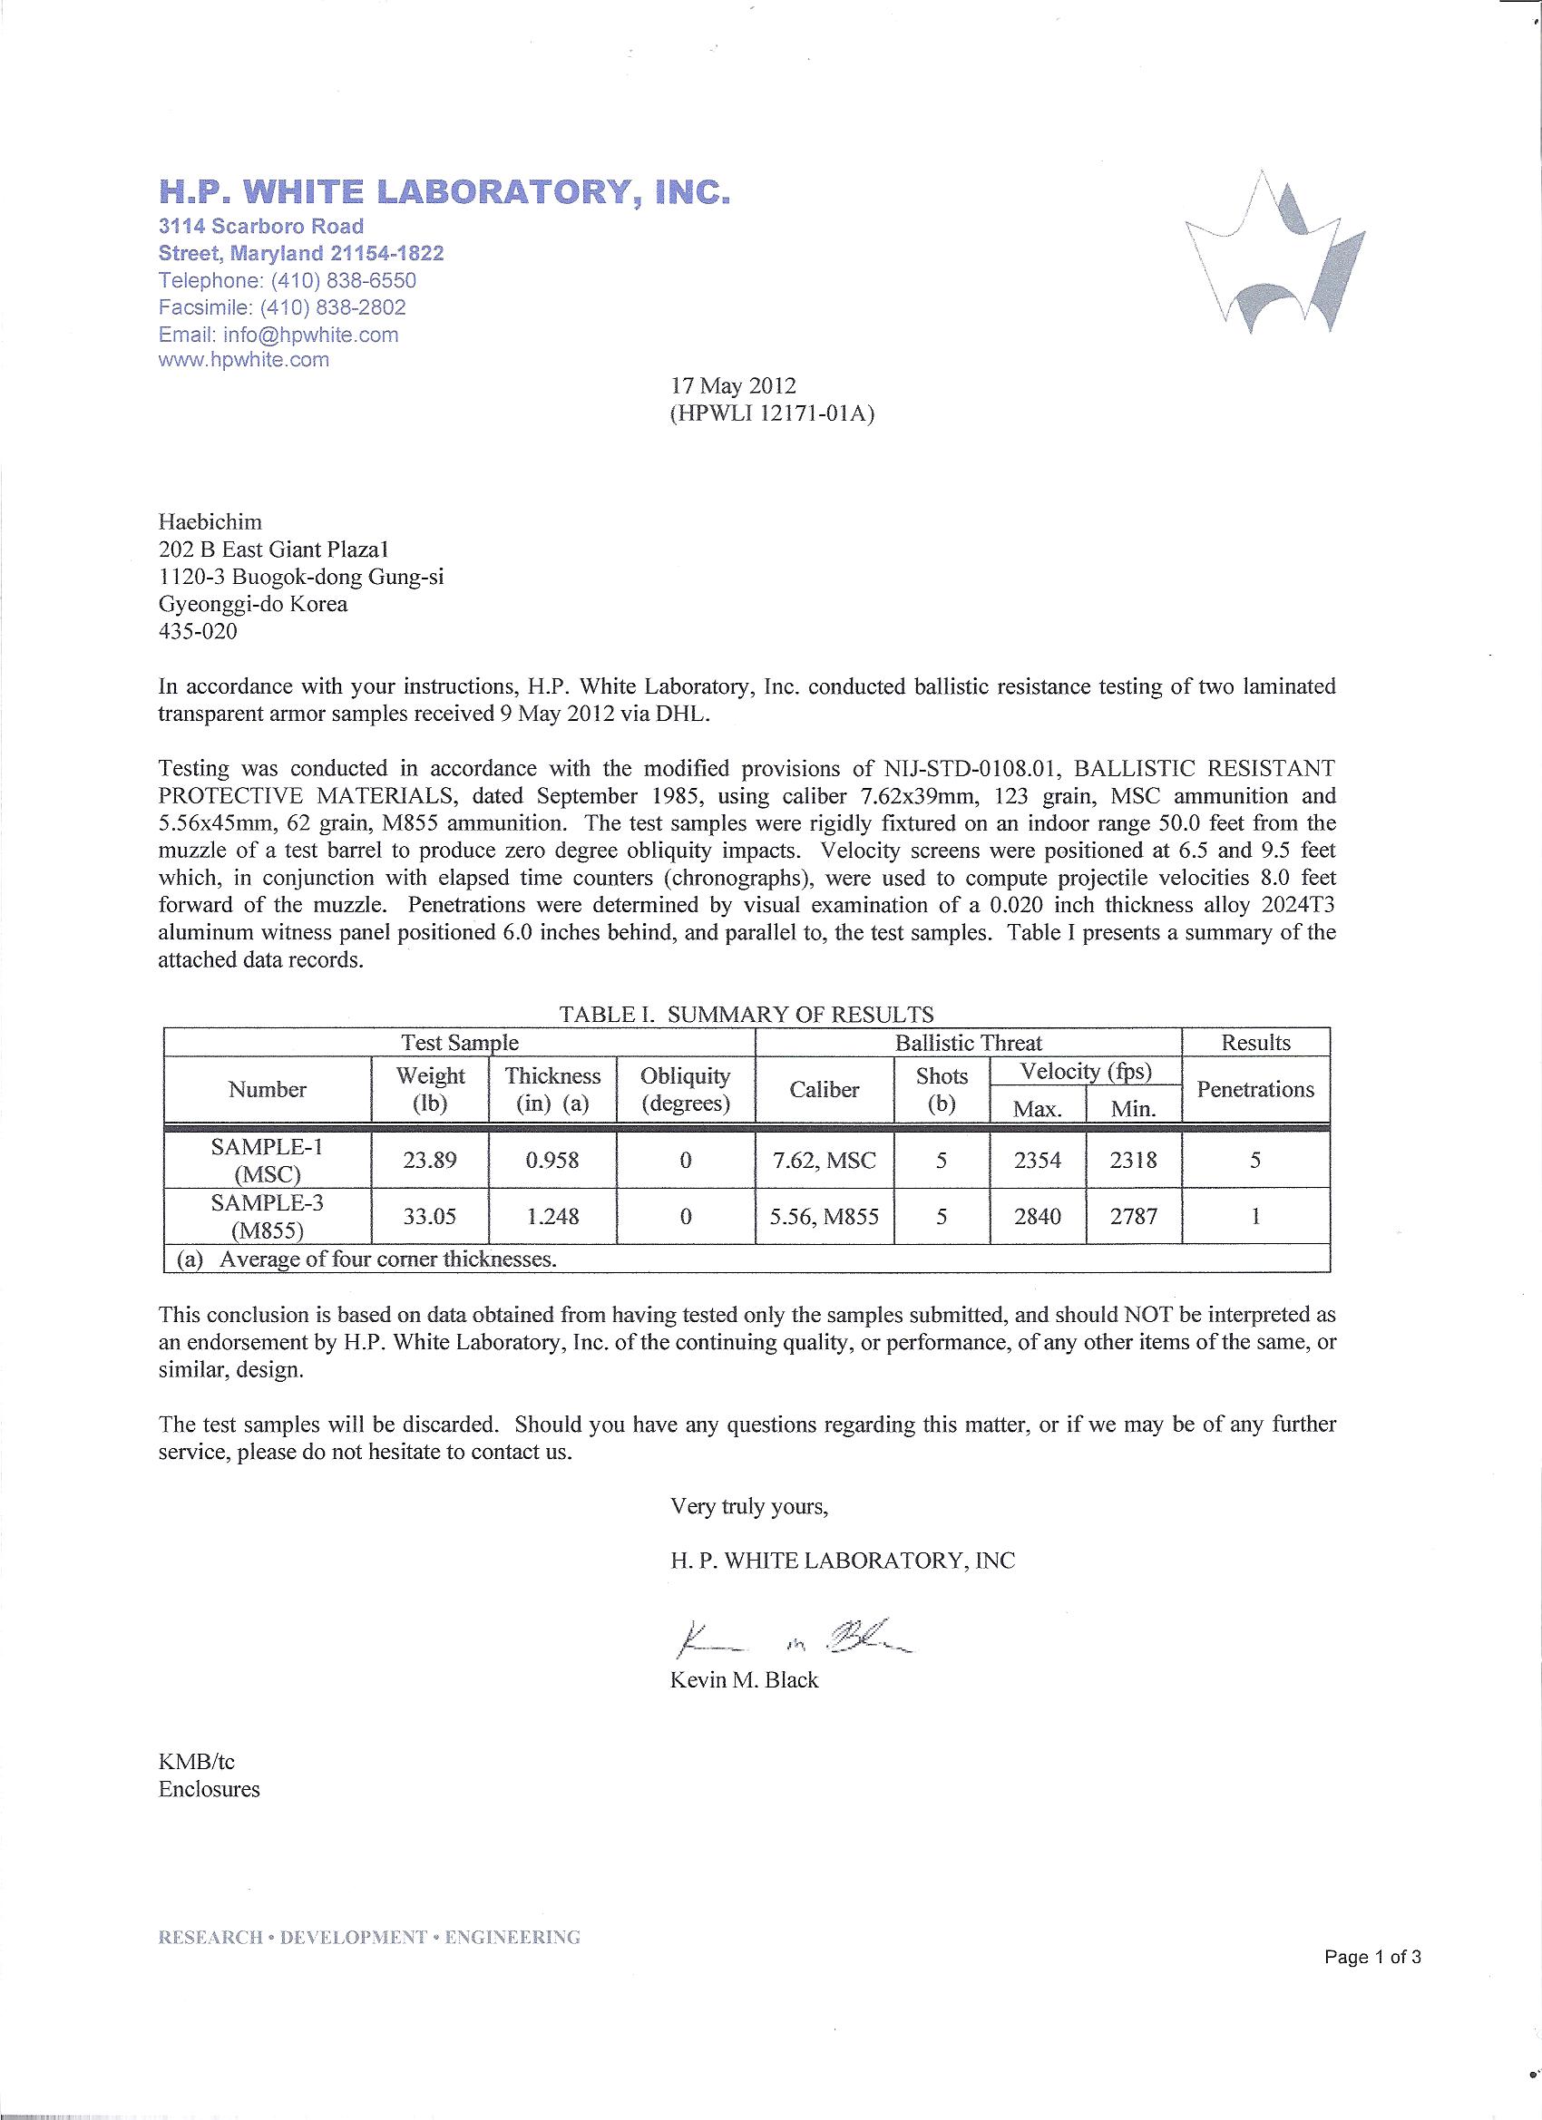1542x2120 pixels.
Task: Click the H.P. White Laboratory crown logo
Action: coord(1274,254)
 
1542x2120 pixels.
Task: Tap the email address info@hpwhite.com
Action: coord(278,335)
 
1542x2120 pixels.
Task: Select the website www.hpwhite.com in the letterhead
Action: coord(243,360)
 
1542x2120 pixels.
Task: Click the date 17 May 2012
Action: coord(732,386)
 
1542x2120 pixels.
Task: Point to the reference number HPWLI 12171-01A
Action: coord(772,413)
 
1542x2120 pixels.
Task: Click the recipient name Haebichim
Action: coord(210,521)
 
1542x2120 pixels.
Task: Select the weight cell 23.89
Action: coord(429,1160)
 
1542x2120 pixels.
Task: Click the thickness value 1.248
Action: coord(551,1216)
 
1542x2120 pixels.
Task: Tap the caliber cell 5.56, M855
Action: coord(824,1216)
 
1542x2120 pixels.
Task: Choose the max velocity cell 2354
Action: coord(1037,1160)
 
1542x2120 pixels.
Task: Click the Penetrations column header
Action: coord(1255,1089)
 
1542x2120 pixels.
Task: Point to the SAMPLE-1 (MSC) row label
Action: coord(268,1160)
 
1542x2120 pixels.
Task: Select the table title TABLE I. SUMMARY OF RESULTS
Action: coord(746,1013)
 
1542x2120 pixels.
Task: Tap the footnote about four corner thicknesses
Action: coord(369,1259)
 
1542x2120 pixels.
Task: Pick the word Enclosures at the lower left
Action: coord(210,1789)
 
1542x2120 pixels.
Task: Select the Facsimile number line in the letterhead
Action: coord(282,307)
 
